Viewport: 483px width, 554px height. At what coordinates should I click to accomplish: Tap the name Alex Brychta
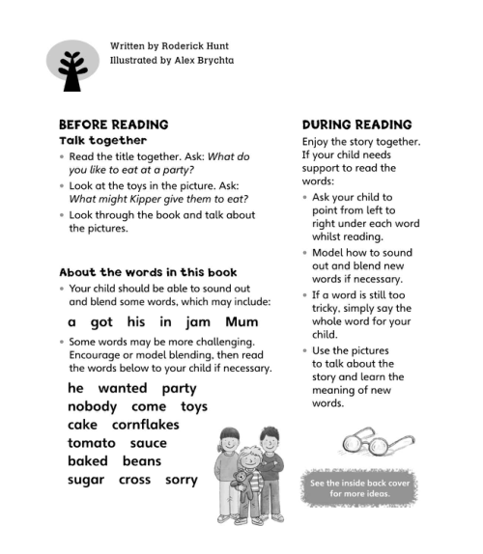[x=200, y=60]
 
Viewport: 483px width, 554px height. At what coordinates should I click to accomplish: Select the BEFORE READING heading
[x=114, y=125]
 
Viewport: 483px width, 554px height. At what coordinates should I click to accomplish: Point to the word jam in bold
[x=198, y=322]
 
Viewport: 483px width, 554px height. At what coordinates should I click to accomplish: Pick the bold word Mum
[x=241, y=322]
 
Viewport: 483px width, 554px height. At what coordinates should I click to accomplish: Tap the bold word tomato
[x=92, y=443]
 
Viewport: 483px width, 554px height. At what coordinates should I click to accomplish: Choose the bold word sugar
[x=88, y=480]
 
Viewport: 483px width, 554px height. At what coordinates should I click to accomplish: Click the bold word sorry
[x=181, y=480]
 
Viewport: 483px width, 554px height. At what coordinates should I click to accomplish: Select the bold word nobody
[x=93, y=406]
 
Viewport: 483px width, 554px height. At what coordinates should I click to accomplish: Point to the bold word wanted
[x=123, y=388]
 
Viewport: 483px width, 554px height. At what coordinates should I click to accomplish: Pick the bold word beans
[x=142, y=461]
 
